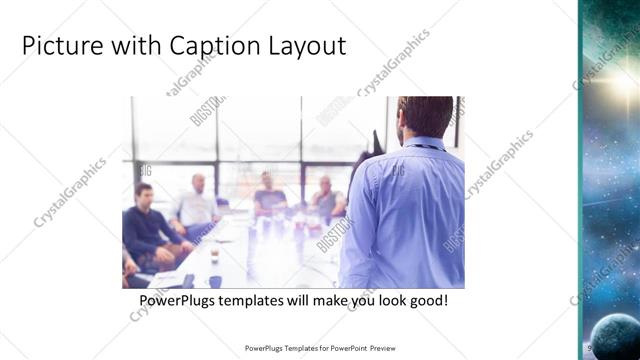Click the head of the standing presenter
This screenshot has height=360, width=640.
click(424, 118)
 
